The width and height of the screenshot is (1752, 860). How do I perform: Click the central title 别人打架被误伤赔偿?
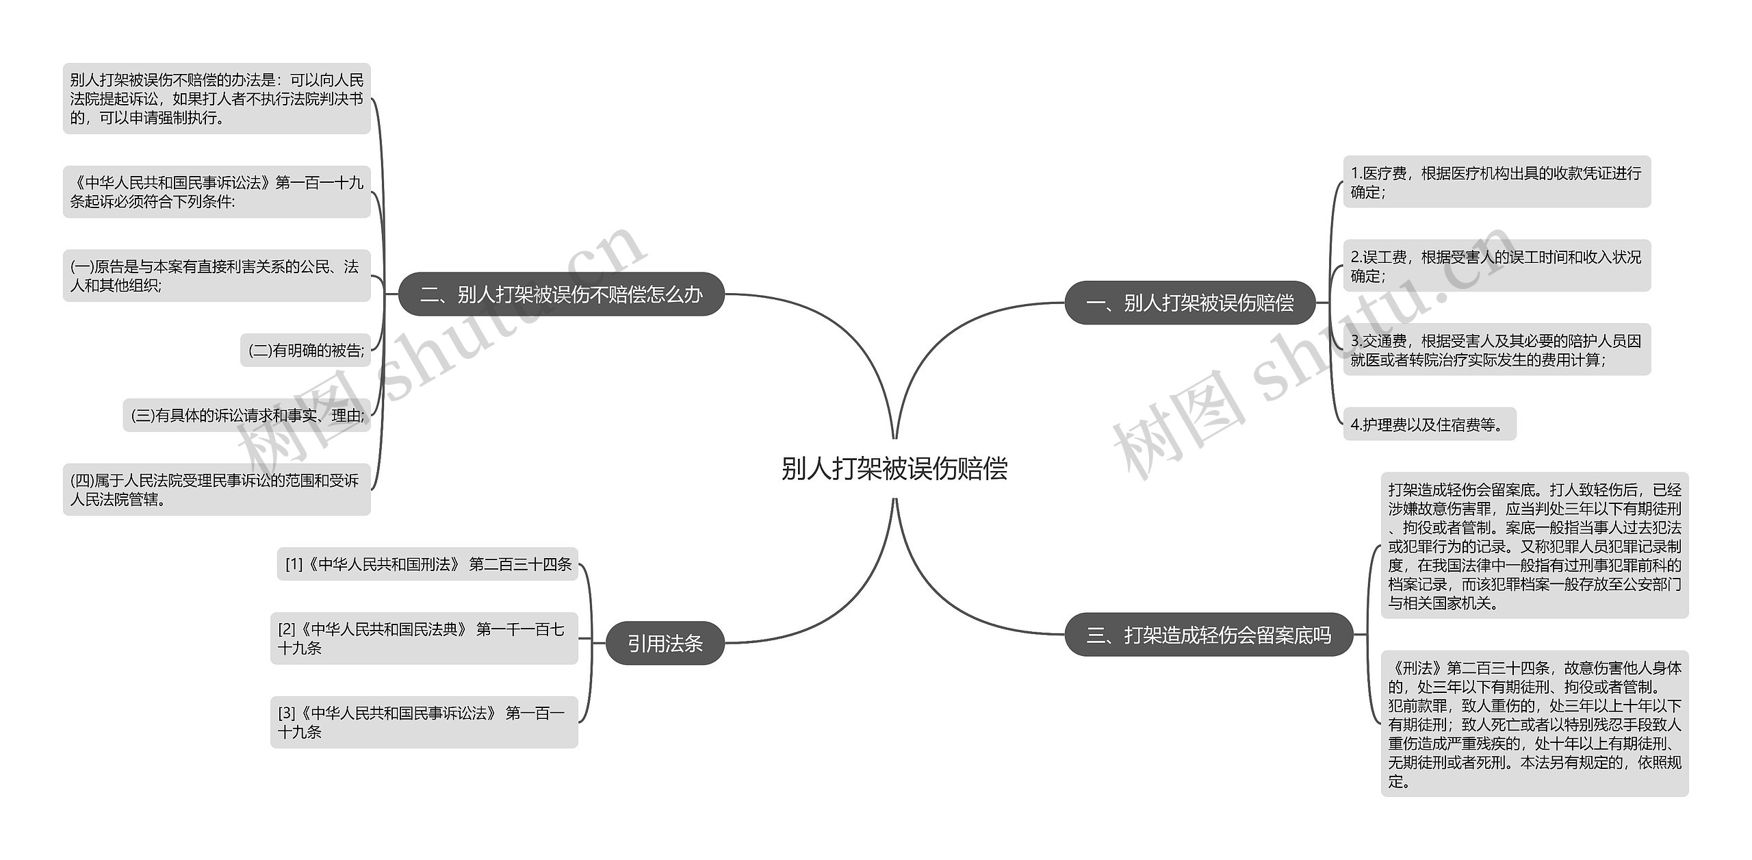pos(894,469)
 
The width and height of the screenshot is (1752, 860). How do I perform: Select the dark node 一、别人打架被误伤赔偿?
pos(1189,303)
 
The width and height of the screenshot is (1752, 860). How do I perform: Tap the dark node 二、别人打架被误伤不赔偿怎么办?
pos(561,294)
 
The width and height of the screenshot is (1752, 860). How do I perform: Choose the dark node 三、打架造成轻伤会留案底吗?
pos(1209,635)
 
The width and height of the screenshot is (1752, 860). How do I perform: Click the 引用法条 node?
pos(665,643)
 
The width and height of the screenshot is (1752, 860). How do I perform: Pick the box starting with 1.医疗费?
pos(1496,182)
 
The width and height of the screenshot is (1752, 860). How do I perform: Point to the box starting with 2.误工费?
pos(1496,266)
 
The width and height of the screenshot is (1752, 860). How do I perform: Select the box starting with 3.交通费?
pos(1496,350)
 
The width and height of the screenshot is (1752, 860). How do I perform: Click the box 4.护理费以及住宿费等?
pos(1429,425)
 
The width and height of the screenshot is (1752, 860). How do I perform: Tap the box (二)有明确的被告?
pos(305,351)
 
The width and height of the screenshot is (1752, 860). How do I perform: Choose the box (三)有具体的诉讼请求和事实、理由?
pos(246,416)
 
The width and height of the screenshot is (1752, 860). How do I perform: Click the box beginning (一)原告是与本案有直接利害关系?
pos(216,276)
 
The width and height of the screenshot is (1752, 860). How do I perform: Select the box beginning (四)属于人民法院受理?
pos(216,490)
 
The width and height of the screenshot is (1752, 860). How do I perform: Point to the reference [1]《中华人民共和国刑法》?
pos(427,564)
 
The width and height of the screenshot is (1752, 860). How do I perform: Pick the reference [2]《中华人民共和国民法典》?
pos(424,638)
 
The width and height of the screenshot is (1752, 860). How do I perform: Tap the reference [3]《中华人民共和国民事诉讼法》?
pos(424,722)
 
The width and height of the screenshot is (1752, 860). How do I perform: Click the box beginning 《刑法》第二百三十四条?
pos(1534,724)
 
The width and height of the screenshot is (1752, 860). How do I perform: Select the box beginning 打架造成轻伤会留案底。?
pos(1534,546)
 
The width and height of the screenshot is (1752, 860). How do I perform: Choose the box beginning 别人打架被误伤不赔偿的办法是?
pos(216,99)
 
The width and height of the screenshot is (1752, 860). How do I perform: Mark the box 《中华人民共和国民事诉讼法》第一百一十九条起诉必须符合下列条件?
pos(216,192)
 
